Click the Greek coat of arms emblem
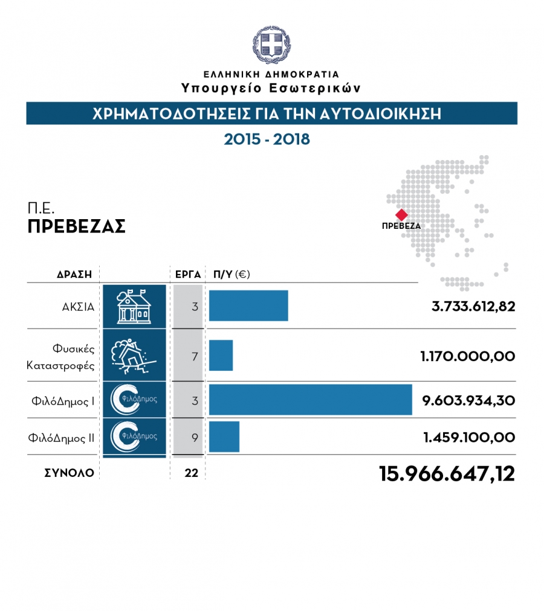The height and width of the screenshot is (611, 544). tap(271, 45)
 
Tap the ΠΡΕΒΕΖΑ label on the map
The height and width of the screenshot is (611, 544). tap(401, 226)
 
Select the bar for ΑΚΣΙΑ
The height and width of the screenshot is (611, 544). tap(248, 305)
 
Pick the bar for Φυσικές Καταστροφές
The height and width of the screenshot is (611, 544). tap(221, 356)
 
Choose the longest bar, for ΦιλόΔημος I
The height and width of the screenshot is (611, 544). tap(310, 399)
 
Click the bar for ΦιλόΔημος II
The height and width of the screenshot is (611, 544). tap(224, 437)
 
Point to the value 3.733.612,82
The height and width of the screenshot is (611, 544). tap(473, 306)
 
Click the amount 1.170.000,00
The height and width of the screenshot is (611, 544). tap(467, 356)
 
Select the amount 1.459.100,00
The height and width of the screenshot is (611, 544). tap(469, 437)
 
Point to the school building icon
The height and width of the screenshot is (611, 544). tap(134, 306)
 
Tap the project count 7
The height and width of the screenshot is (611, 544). tap(195, 356)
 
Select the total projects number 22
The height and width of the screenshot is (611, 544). tap(192, 473)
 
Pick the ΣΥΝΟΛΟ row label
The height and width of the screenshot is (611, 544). tap(69, 473)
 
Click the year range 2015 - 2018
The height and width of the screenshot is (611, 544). tap(267, 139)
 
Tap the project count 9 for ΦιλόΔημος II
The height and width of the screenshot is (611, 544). tap(195, 437)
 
